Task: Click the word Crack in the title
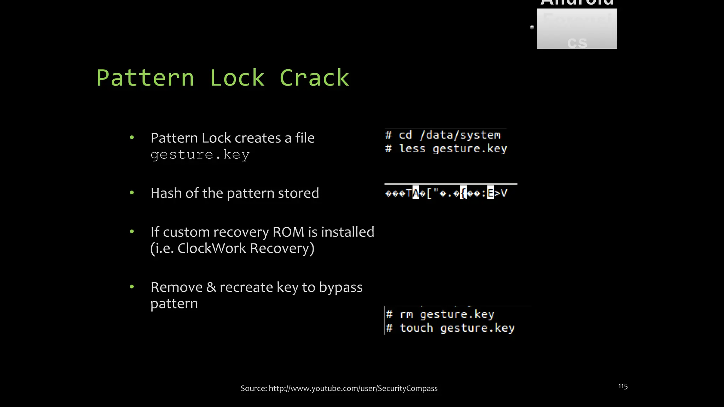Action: tap(314, 78)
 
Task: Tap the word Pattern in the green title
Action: tap(145, 78)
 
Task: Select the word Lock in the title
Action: tap(237, 78)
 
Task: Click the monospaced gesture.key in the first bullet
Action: tap(200, 155)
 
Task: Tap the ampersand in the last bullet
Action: tap(211, 287)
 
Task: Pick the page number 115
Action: tap(623, 387)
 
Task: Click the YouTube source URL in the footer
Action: tap(353, 389)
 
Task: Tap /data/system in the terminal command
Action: tap(460, 135)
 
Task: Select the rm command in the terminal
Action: tap(406, 314)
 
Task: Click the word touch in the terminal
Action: tap(416, 328)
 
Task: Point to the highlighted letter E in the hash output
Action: tap(490, 193)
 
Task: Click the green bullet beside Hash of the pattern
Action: tap(132, 193)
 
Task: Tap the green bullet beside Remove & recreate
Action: tap(132, 287)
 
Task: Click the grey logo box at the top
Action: tap(577, 29)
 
